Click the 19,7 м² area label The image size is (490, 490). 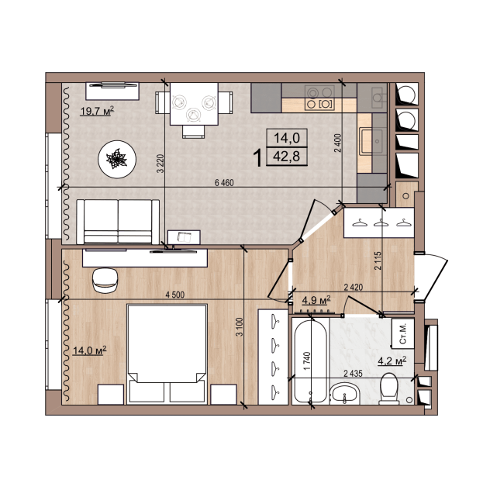(x=97, y=111)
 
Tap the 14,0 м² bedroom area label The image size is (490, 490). (x=90, y=350)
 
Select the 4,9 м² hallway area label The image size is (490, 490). (x=316, y=300)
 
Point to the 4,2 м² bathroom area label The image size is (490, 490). (x=392, y=361)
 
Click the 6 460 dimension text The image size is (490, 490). (x=224, y=182)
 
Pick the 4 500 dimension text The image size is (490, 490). (x=175, y=295)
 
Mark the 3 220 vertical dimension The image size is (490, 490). (x=160, y=164)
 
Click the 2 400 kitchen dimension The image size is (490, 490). (x=338, y=143)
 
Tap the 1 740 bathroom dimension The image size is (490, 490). (x=307, y=361)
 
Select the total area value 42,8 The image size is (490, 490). (x=287, y=157)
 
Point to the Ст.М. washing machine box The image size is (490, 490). (x=403, y=333)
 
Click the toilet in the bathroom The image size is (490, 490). (x=388, y=388)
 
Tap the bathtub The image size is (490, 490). (x=310, y=361)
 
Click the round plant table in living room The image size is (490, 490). (x=117, y=160)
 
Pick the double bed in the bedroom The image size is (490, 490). (x=167, y=354)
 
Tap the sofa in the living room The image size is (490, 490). (x=118, y=222)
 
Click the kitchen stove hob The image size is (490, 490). (x=319, y=98)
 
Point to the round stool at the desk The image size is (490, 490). (x=105, y=281)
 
